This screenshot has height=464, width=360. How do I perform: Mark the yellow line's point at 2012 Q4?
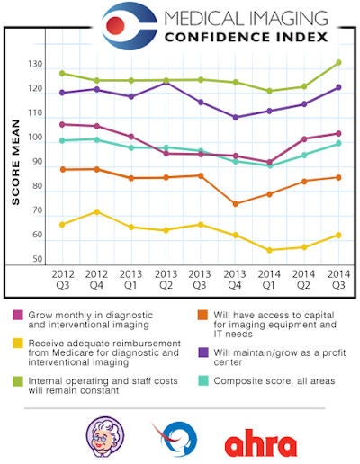(96, 212)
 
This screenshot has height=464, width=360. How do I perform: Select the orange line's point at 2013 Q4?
(235, 203)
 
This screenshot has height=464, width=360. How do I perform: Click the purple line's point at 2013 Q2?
(166, 83)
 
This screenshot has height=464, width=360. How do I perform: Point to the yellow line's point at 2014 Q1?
(269, 250)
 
